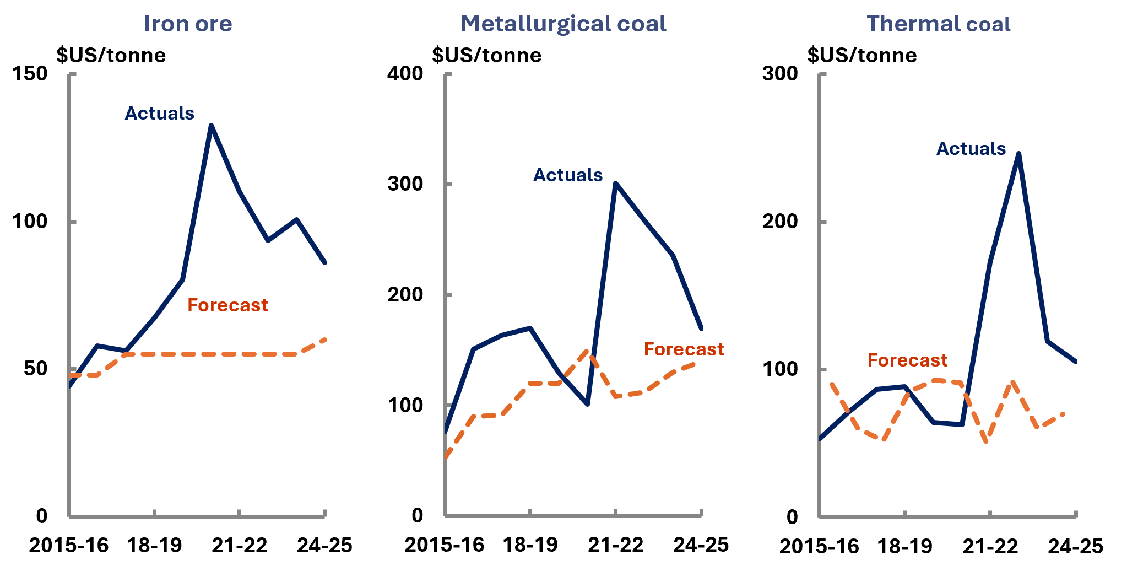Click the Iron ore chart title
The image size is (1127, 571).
tap(188, 24)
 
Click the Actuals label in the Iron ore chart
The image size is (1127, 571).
tap(160, 114)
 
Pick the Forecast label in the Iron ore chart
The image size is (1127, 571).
tap(227, 305)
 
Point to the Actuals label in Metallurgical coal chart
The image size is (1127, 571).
tap(568, 175)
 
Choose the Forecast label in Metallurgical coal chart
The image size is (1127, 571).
tap(684, 349)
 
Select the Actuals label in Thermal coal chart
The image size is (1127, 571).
tap(971, 149)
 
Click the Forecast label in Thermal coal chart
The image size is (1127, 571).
tap(907, 360)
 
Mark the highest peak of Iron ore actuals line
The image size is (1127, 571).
tap(212, 126)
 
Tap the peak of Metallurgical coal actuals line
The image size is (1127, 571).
tap(616, 183)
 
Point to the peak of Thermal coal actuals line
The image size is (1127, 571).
tap(1019, 154)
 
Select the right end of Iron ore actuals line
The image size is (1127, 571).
tap(325, 262)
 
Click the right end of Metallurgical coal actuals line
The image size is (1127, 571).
tap(701, 329)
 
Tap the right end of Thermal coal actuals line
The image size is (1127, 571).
tap(1076, 362)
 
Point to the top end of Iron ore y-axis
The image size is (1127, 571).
tap(69, 74)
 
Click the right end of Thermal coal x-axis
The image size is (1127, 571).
tap(1076, 517)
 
